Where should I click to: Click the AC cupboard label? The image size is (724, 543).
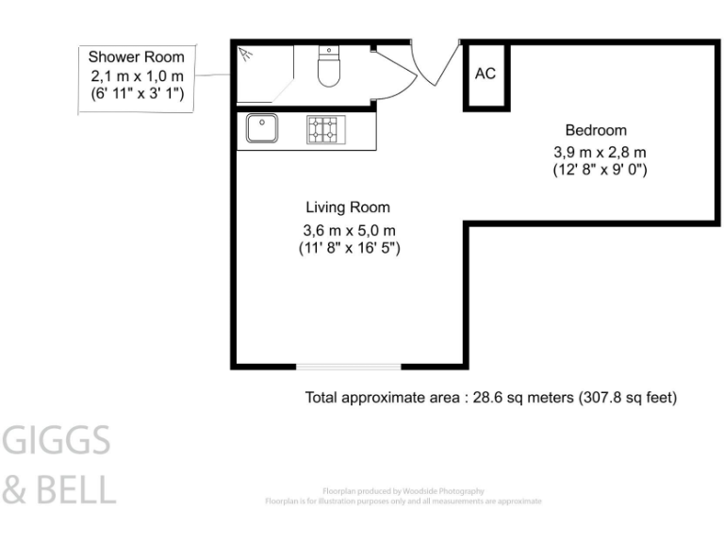click(x=485, y=74)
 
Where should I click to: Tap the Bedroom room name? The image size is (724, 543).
click(x=595, y=130)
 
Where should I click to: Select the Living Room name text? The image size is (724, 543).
click(x=347, y=207)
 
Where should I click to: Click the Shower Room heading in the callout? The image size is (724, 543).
click(x=137, y=58)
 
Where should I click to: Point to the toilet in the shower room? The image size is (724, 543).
click(x=328, y=69)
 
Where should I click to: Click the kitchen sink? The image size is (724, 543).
click(x=261, y=127)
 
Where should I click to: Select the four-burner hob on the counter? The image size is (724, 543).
click(x=325, y=128)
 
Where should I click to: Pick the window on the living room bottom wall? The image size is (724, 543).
click(x=349, y=366)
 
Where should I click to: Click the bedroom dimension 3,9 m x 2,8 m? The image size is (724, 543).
click(x=600, y=151)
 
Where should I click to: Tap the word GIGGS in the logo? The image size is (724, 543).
click(x=58, y=440)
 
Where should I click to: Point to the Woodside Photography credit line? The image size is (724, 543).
click(x=403, y=491)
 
